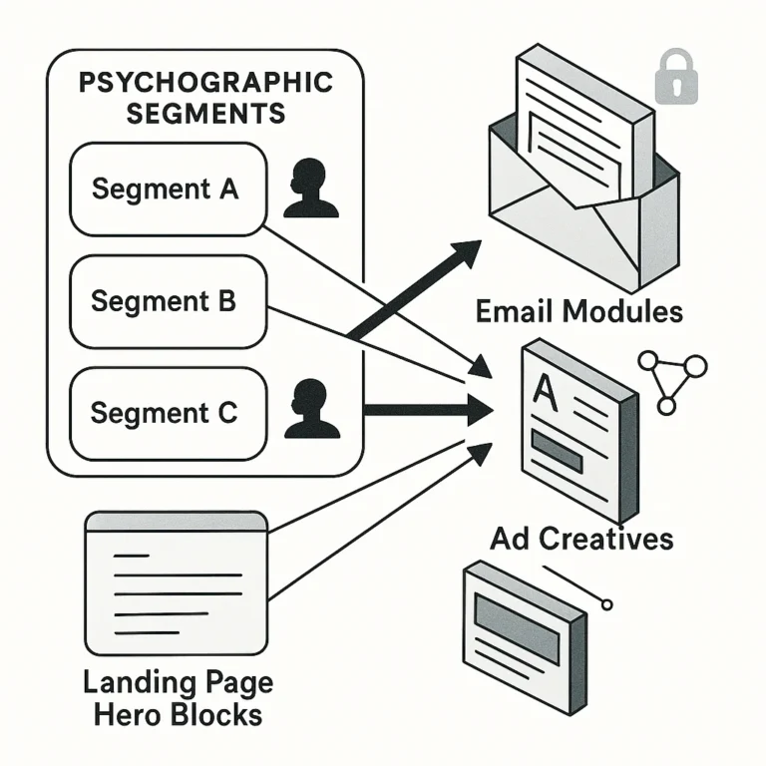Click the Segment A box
tap(168, 189)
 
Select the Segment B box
tap(168, 300)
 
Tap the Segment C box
tap(168, 413)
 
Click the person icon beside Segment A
tap(309, 191)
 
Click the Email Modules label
tap(578, 311)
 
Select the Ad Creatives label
tap(581, 539)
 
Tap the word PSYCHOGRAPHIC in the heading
tap(204, 82)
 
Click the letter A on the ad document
tap(547, 389)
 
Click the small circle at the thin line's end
tap(606, 604)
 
